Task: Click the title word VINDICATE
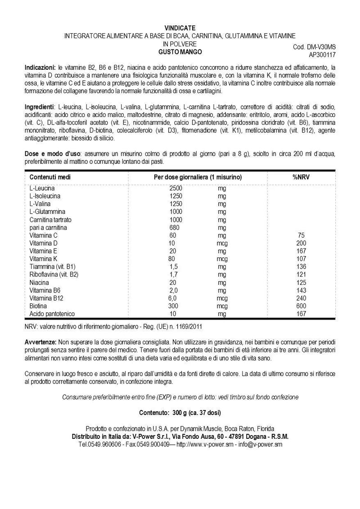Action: (x=180, y=27)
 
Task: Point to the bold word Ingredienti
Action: (x=39, y=106)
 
